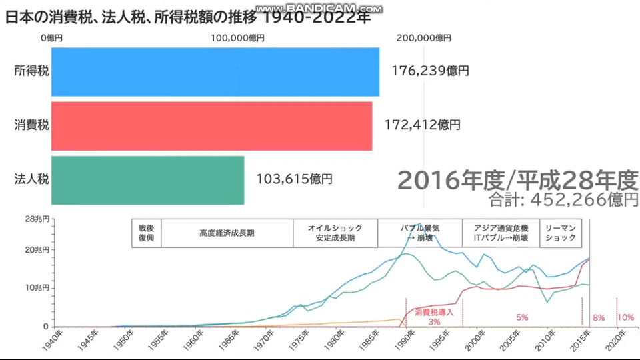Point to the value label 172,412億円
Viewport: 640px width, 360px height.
(423, 125)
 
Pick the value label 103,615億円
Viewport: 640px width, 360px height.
(294, 179)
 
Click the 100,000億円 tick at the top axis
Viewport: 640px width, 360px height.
(237, 39)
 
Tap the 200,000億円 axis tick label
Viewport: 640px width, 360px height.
(423, 39)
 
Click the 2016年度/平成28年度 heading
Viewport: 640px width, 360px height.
(518, 180)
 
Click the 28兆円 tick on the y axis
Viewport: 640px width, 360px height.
(37, 219)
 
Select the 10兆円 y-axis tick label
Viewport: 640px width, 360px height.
(37, 288)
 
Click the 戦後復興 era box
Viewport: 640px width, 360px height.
(146, 233)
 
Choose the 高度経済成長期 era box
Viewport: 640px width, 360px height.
(227, 233)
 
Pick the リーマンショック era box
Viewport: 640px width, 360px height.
(560, 233)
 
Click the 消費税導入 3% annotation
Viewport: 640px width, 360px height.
(435, 317)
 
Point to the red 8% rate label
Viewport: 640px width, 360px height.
(599, 318)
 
